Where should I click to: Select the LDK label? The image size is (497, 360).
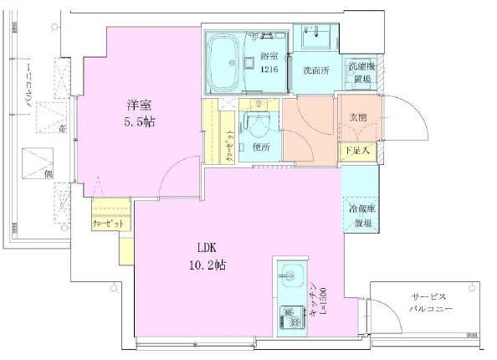[208, 249]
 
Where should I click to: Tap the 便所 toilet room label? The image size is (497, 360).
[260, 148]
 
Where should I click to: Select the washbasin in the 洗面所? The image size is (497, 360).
[316, 38]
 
